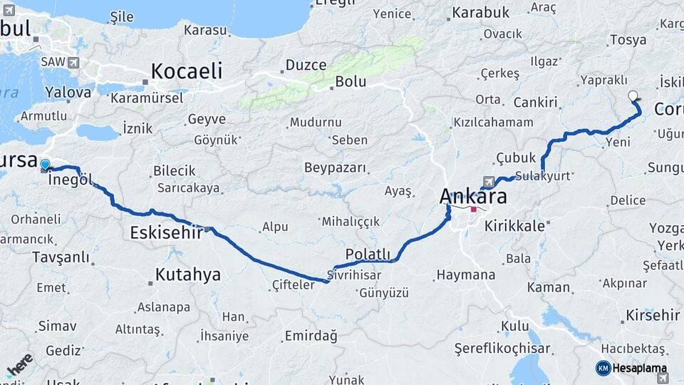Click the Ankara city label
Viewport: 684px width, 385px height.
click(473, 195)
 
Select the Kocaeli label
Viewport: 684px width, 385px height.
click(186, 71)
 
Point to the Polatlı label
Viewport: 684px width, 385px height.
click(367, 255)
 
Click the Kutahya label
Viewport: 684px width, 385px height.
click(187, 274)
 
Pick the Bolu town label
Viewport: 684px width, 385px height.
click(351, 81)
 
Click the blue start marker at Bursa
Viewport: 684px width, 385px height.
click(45, 165)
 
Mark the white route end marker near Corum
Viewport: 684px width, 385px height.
click(633, 96)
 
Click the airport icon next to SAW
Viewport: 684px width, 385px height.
click(73, 63)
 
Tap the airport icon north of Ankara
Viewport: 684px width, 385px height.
click(487, 181)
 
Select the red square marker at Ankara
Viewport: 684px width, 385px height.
click(474, 210)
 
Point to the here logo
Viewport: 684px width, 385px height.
click(19, 364)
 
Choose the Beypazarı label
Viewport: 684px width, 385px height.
click(335, 168)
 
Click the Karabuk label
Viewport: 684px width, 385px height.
click(480, 12)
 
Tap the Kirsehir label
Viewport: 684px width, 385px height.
click(653, 314)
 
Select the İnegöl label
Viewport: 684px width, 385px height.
click(71, 180)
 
